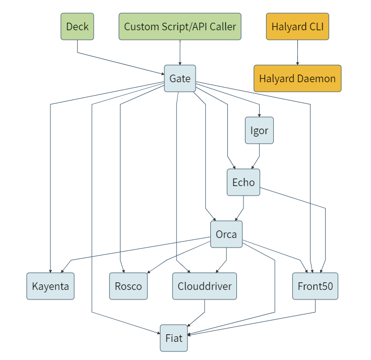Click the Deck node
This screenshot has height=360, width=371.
[x=78, y=26]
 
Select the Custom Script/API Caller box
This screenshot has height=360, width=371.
[x=180, y=26]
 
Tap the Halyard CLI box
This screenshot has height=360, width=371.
[x=297, y=26]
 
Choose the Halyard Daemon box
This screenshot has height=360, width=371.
[x=297, y=78]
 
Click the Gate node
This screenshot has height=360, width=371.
[x=180, y=78]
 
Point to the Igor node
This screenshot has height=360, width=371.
[x=259, y=131]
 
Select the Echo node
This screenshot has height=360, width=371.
[x=243, y=182]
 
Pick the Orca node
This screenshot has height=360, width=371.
[x=226, y=234]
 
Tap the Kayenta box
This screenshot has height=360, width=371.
[x=50, y=286]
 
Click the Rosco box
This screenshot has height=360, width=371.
[x=129, y=286]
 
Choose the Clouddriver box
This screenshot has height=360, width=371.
[x=205, y=286]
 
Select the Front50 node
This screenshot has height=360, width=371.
[x=316, y=286]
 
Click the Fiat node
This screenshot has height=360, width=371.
[x=174, y=338]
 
